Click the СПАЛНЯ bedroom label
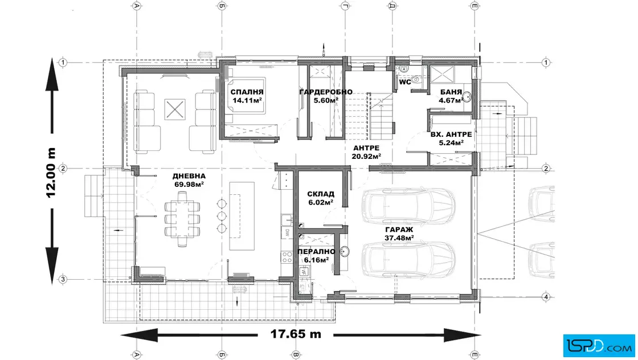coord(247,92)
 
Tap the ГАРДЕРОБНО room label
coord(326,92)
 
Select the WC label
coord(405,82)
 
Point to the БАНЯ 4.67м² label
coord(451,96)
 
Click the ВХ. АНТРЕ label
coord(451,134)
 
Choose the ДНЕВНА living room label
coord(189,176)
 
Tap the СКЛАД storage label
coord(321,194)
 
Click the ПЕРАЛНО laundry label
coord(317,252)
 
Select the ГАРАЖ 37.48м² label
coord(399,234)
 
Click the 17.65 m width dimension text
coord(296,334)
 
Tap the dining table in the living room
coord(182,219)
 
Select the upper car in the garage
coord(408,206)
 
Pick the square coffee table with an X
coord(175,109)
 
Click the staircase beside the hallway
coord(370,116)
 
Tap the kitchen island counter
coord(242,216)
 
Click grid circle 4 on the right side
coord(546,297)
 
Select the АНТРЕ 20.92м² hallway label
coord(366,152)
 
